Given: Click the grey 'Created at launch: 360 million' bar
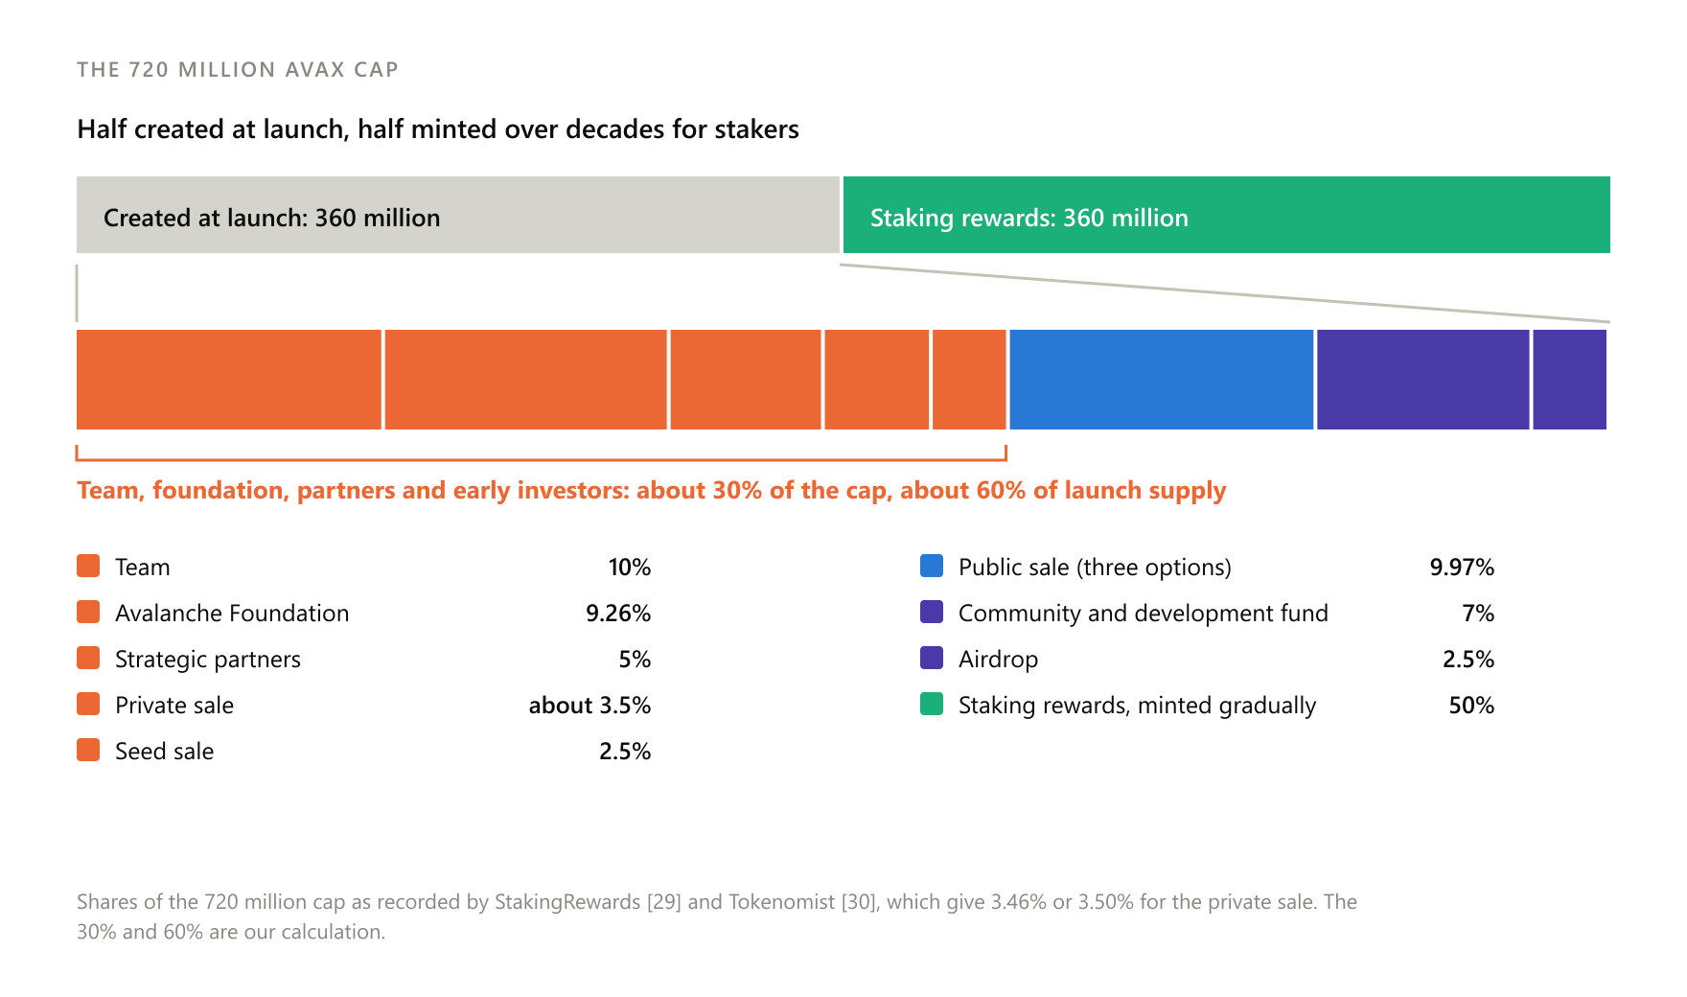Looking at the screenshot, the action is click(458, 215).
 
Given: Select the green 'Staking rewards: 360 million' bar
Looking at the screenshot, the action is click(1227, 215).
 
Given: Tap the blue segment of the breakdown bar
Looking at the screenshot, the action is click(1162, 380).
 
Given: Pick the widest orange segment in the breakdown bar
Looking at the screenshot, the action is click(229, 380).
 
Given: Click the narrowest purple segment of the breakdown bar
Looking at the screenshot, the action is click(1570, 380).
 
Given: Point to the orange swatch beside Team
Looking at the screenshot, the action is click(88, 566).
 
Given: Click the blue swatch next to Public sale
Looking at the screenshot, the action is click(932, 566).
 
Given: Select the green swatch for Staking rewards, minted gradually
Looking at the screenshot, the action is click(932, 704).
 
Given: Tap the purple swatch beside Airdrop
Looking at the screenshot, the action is click(932, 658).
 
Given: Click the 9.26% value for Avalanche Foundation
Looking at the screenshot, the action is click(618, 614).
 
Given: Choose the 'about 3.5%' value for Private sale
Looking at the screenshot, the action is click(589, 706).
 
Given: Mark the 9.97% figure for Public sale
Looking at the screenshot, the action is click(1462, 568).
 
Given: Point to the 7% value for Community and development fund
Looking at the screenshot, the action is click(1478, 614).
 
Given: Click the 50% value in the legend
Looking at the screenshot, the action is click(1471, 706).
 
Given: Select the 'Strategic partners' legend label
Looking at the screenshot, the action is click(208, 660).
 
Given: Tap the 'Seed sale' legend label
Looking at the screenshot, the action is click(164, 752).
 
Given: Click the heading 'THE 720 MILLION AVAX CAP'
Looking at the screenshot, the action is click(238, 69).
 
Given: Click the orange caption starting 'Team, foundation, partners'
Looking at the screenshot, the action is click(652, 491).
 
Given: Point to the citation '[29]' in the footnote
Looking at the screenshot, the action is click(664, 902).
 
